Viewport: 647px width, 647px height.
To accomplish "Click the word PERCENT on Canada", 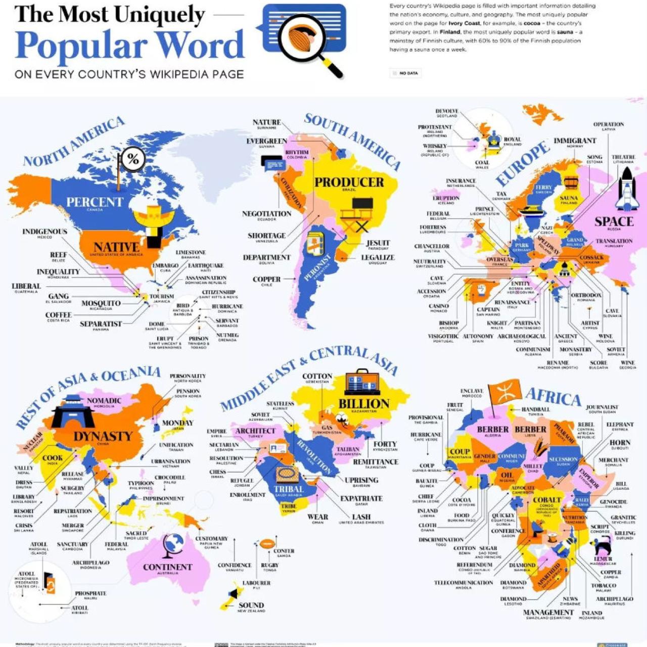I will click(95, 202).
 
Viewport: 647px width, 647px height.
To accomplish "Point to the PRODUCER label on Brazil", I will click(349, 182).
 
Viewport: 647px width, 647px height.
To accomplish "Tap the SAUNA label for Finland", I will click(569, 198).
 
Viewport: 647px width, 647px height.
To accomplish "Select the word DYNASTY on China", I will click(103, 436).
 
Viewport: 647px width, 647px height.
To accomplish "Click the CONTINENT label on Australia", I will click(167, 567).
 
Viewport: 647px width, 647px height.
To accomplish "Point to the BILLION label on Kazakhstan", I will click(364, 404).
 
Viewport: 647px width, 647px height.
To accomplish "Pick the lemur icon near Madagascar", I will click(602, 546).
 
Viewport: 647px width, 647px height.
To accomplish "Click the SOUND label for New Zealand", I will click(251, 605).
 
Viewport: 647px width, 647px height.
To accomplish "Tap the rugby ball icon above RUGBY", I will click(267, 544).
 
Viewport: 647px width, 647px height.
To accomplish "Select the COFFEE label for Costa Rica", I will click(59, 315).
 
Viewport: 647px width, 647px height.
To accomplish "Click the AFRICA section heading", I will click(553, 397).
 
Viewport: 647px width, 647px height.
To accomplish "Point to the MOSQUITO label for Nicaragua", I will click(101, 303).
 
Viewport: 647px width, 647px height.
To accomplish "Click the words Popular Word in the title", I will click(130, 45).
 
